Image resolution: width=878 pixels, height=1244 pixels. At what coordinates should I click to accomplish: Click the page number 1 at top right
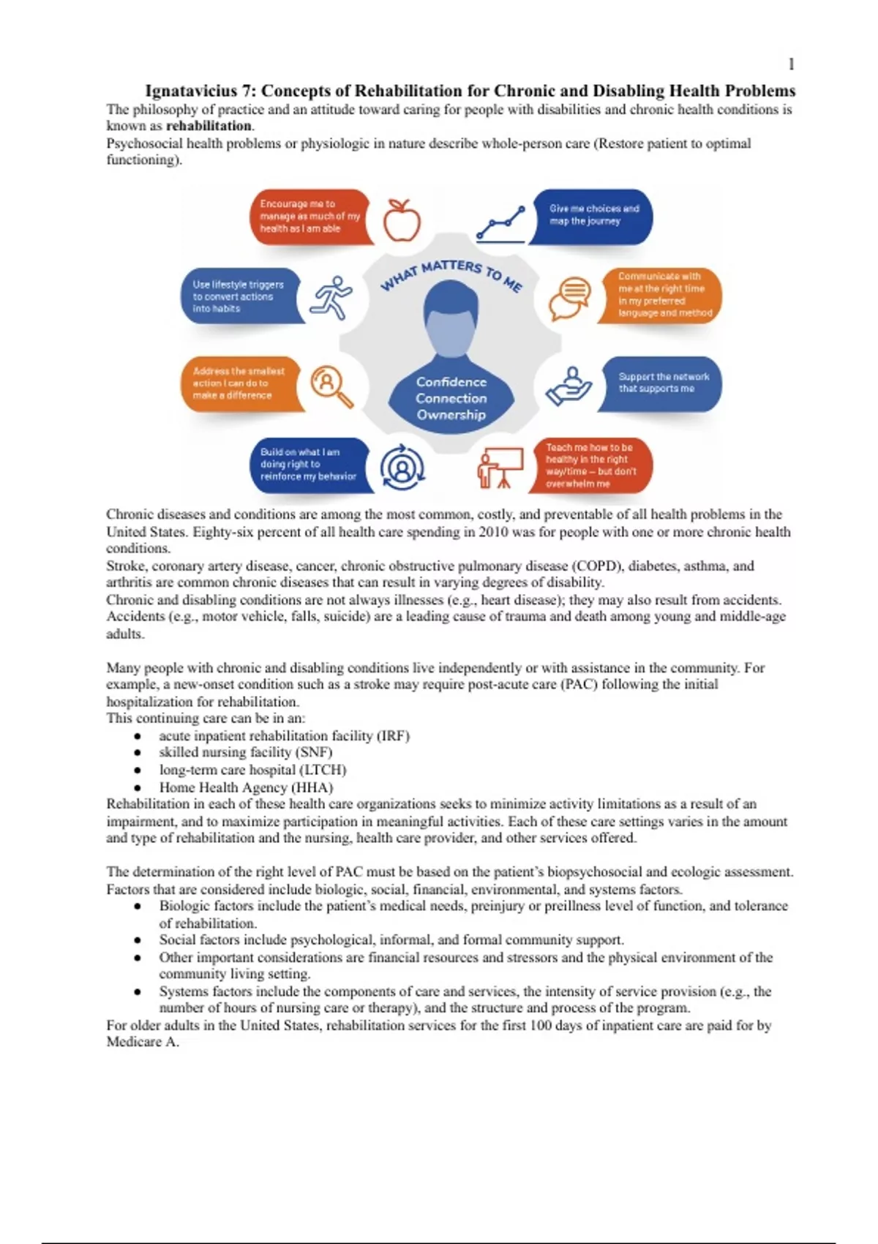[x=791, y=64]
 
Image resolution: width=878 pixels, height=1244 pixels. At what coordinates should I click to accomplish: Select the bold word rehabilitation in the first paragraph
[x=209, y=126]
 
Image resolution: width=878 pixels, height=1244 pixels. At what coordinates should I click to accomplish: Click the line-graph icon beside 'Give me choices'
[x=500, y=223]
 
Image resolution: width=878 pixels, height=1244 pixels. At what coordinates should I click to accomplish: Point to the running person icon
[x=331, y=297]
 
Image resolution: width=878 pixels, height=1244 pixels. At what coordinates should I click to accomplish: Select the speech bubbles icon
[x=570, y=298]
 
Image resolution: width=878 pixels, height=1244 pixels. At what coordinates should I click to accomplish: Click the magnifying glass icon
[x=331, y=386]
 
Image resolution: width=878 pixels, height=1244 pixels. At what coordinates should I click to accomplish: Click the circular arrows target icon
[x=402, y=467]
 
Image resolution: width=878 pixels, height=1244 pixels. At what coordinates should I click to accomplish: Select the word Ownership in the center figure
[x=451, y=415]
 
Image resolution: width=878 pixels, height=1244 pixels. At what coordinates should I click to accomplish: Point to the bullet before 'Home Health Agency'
[x=137, y=788]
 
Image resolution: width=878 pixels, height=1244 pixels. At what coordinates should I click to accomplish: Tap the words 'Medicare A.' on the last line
[x=143, y=1042]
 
